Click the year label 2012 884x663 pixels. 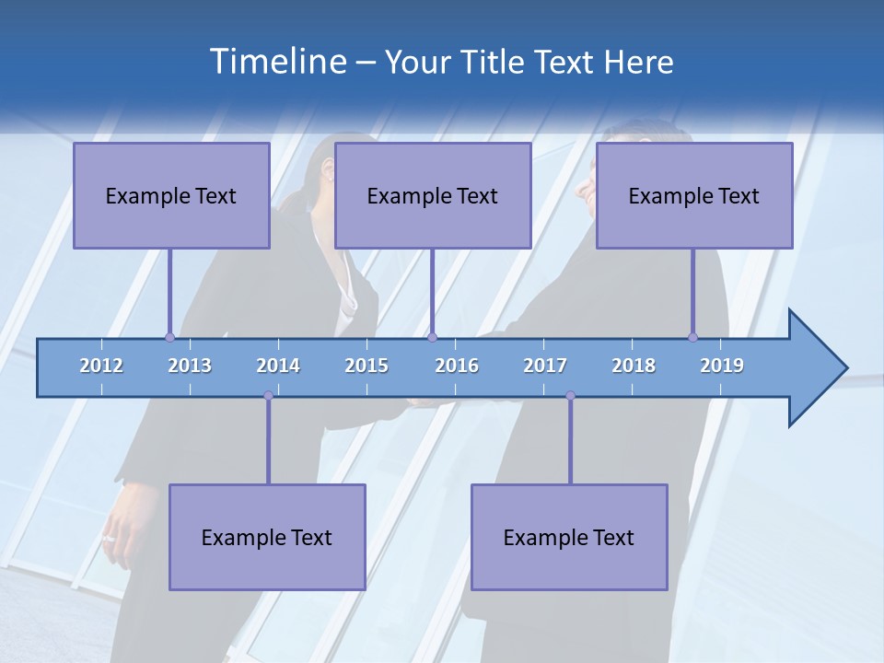[101, 366]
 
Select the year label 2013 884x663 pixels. [190, 366]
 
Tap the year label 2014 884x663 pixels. [278, 366]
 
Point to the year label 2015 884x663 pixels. [366, 366]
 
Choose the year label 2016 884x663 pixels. [457, 366]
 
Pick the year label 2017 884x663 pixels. [545, 366]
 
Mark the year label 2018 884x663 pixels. [634, 366]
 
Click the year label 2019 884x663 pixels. [722, 366]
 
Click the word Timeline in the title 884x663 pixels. [276, 62]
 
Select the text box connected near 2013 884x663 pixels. [171, 195]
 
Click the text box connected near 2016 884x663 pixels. [433, 195]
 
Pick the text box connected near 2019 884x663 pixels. [694, 195]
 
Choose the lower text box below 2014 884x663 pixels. [267, 537]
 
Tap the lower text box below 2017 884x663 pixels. [569, 537]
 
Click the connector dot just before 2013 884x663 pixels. [169, 337]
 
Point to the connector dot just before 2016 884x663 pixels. [432, 337]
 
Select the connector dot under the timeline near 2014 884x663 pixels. [268, 396]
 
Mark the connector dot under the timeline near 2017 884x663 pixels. [570, 396]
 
